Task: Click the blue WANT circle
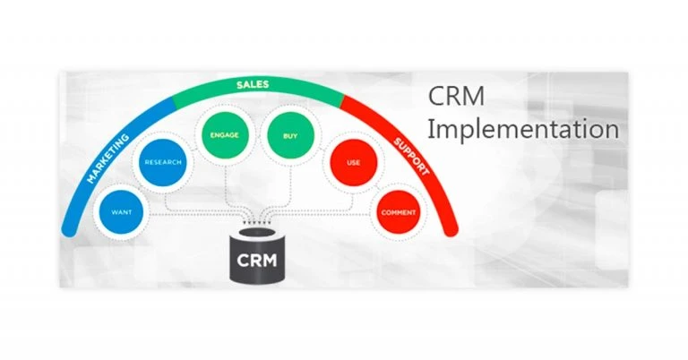[122, 213]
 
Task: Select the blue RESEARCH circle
[163, 162]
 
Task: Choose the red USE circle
[352, 163]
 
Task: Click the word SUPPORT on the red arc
[411, 158]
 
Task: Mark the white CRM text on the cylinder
[258, 262]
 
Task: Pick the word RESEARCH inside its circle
[163, 162]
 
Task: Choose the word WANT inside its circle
[122, 213]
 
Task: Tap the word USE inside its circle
[352, 163]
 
